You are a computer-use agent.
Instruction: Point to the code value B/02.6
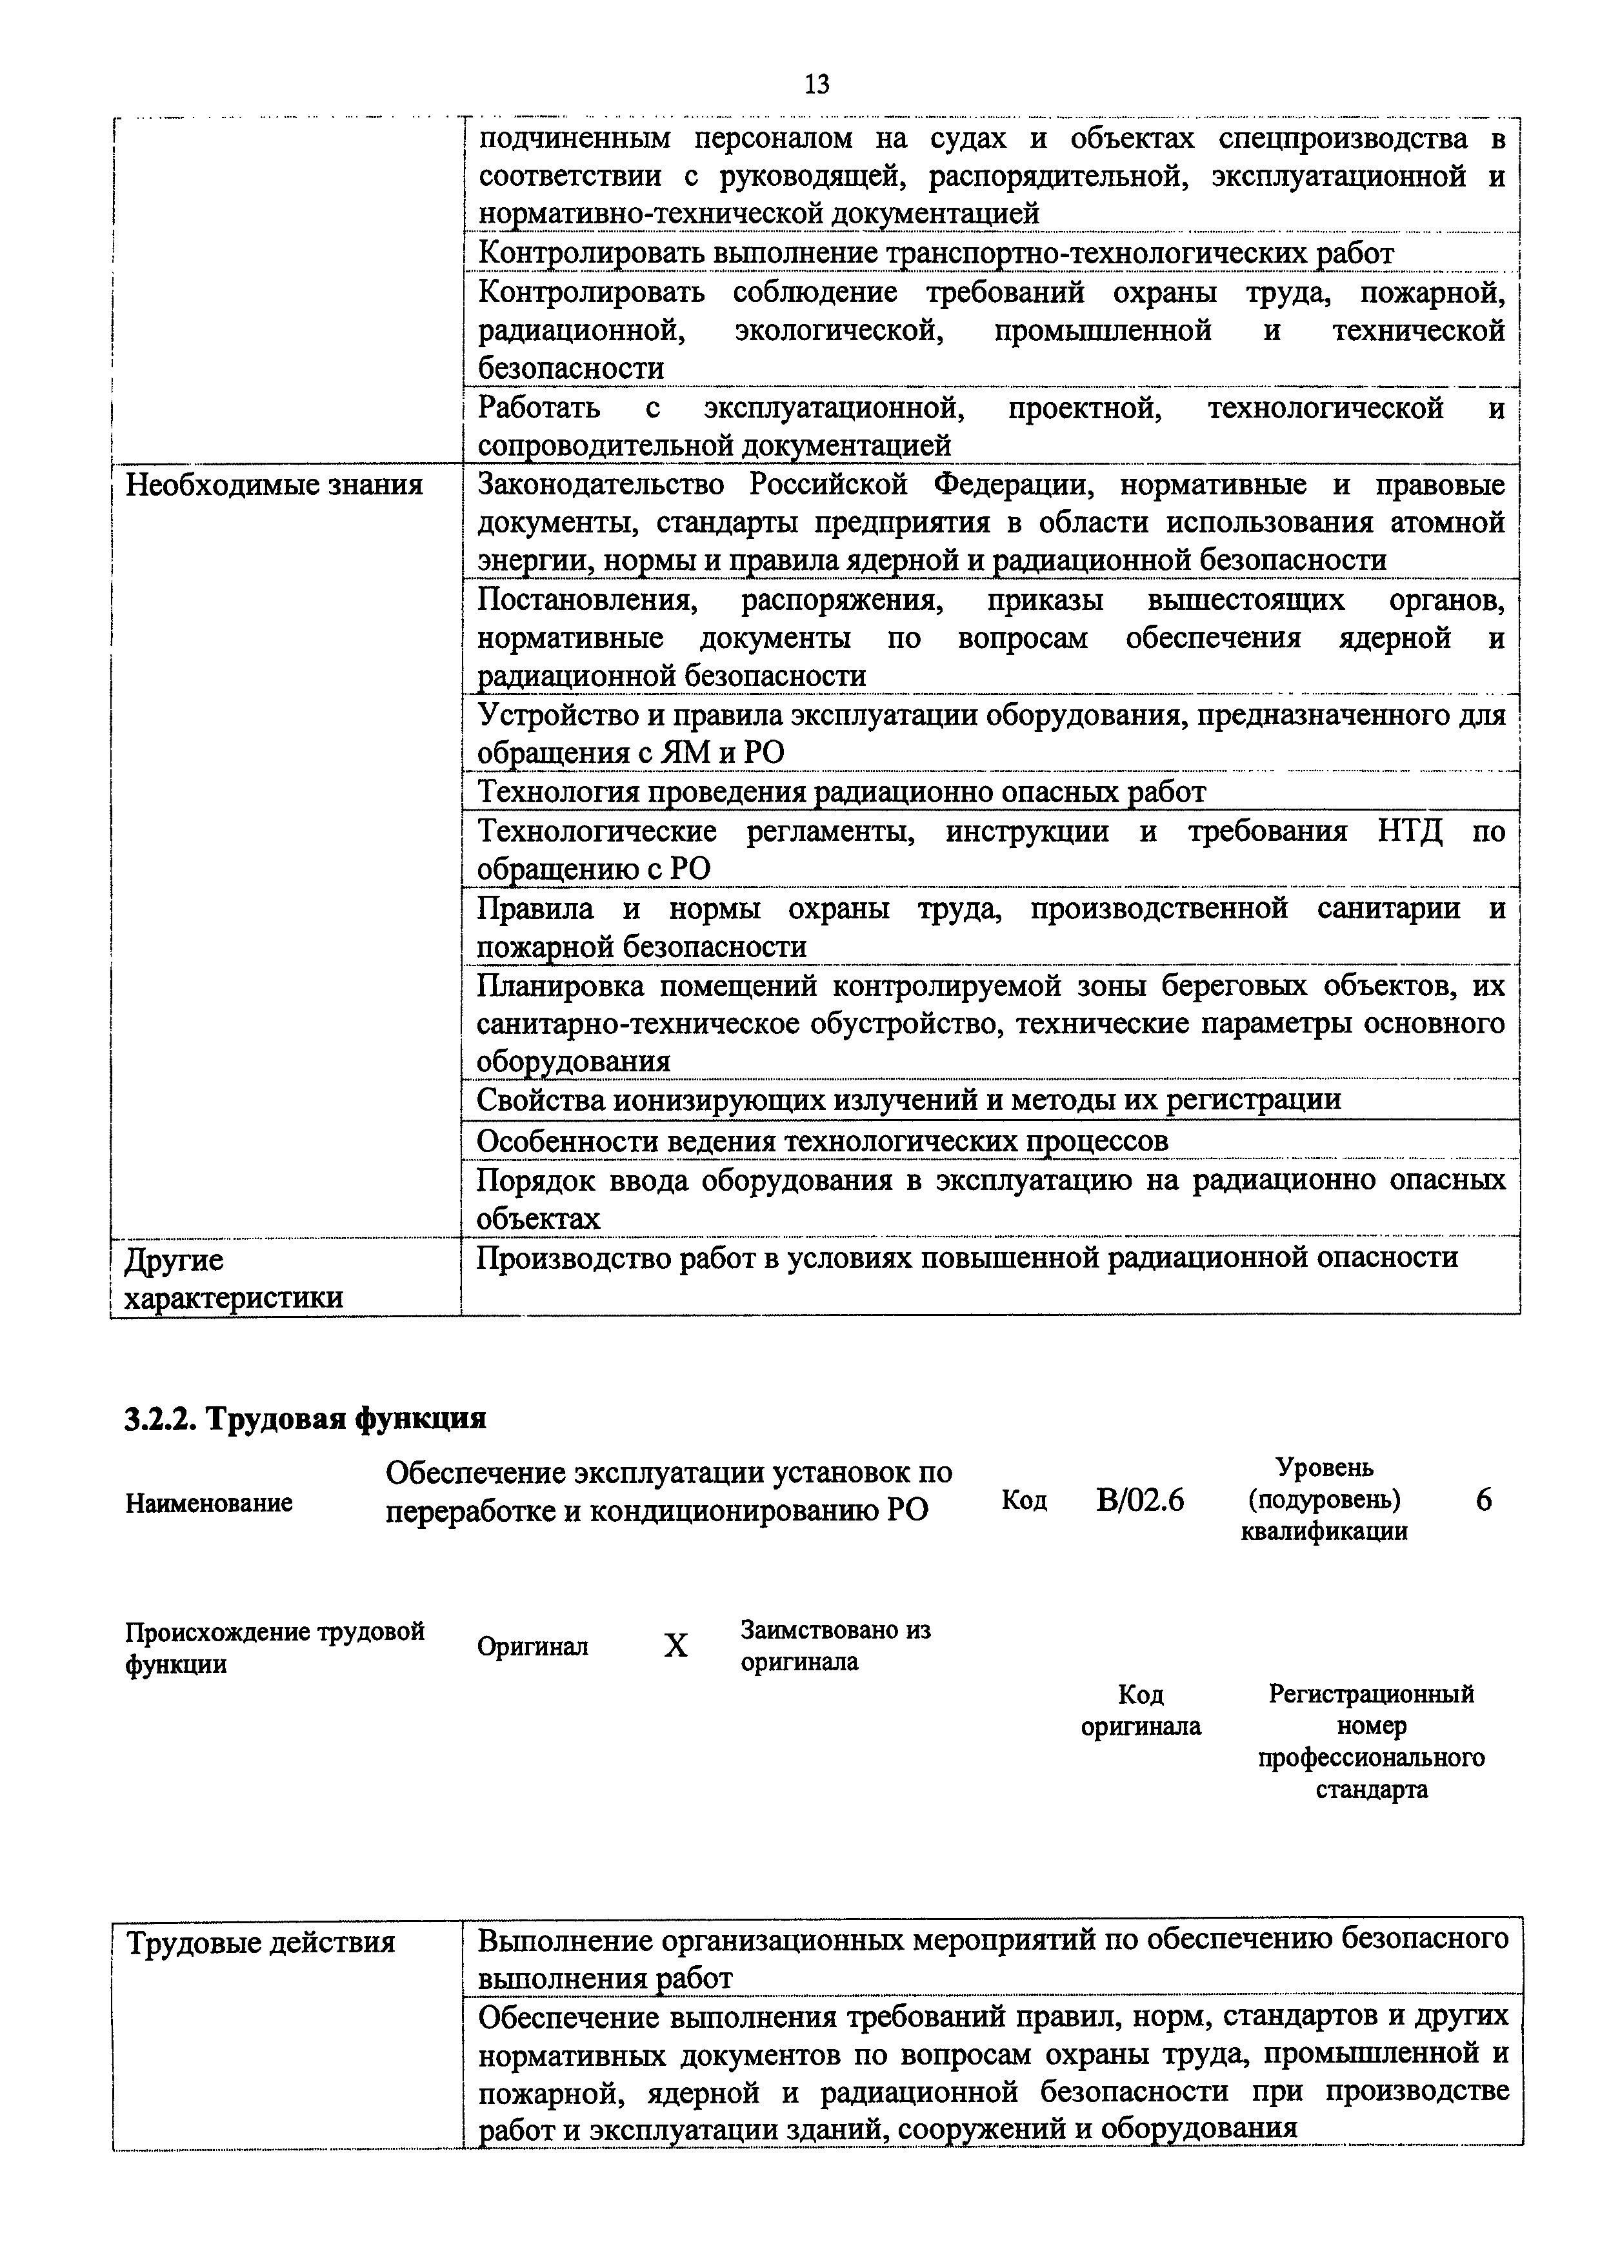(x=1139, y=1501)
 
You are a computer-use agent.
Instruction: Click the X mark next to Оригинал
(x=675, y=1646)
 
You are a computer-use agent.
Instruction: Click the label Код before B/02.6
(x=1025, y=1500)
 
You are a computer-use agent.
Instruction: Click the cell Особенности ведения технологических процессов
(x=822, y=1140)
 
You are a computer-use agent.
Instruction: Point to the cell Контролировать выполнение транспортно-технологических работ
(x=935, y=254)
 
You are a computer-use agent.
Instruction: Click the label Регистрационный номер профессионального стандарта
(x=1371, y=1741)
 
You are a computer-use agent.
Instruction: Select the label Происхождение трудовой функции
(x=274, y=1647)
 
